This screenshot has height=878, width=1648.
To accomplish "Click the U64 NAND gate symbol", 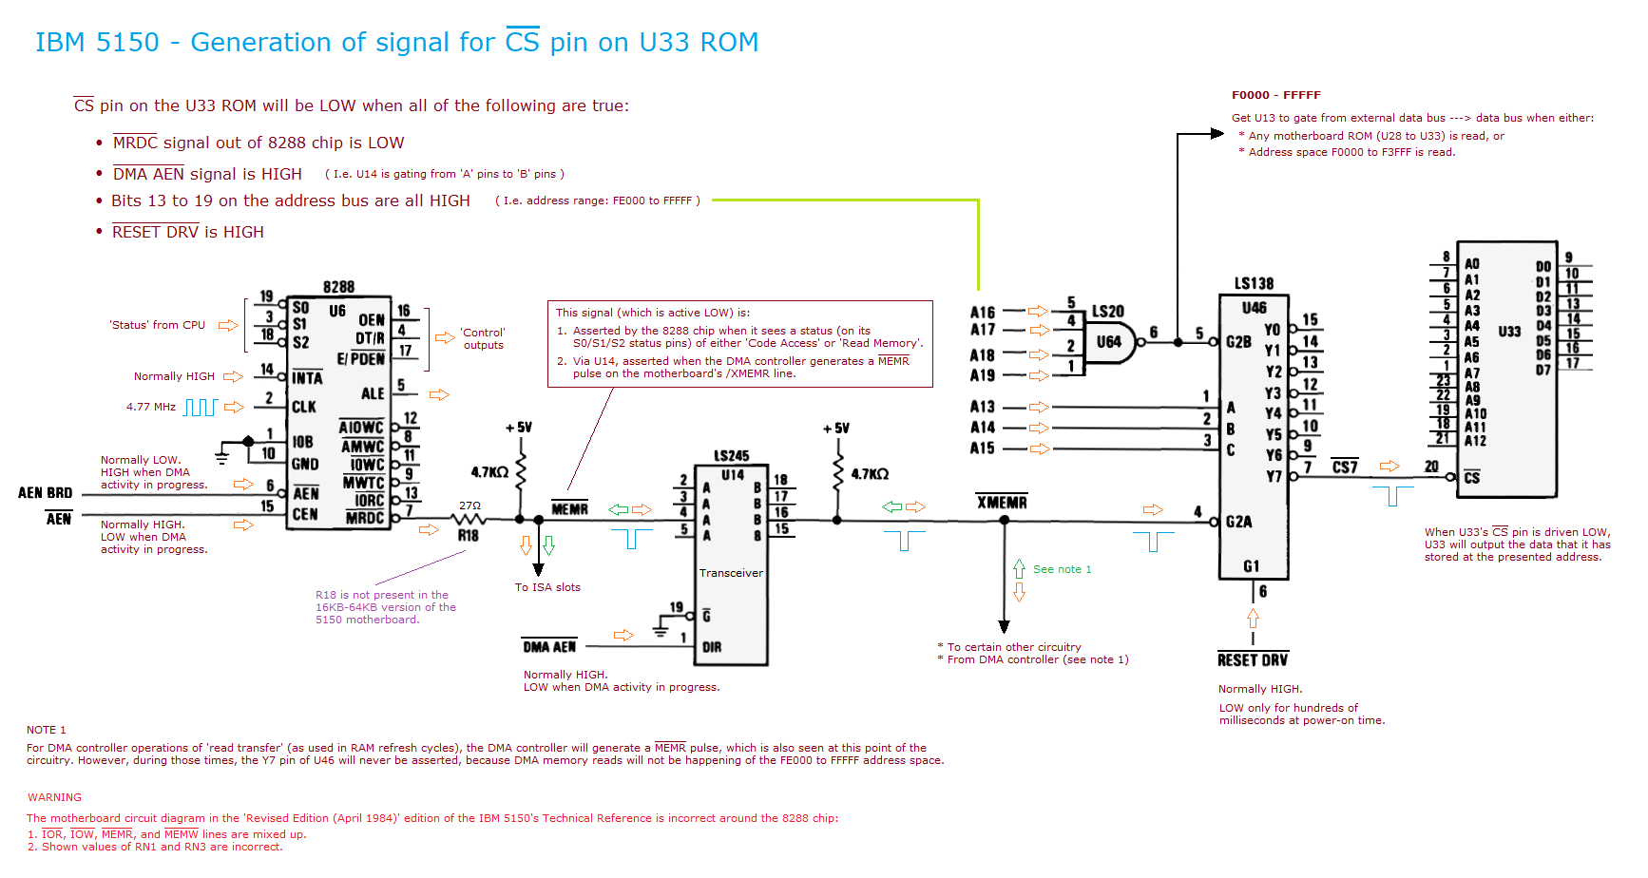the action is pyautogui.click(x=1110, y=342).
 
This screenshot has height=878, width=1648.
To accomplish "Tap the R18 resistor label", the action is pyautogui.click(x=469, y=535).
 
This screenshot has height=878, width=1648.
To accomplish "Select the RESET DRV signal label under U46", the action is pyautogui.click(x=1253, y=659).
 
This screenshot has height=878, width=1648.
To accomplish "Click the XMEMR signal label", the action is pyautogui.click(x=1002, y=502).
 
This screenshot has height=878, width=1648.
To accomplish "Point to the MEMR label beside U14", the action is pyautogui.click(x=570, y=509).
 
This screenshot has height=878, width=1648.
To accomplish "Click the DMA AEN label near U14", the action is pyautogui.click(x=549, y=647).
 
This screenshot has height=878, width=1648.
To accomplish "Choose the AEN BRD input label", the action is pyautogui.click(x=45, y=493).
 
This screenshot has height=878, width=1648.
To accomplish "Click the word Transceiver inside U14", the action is pyautogui.click(x=731, y=573).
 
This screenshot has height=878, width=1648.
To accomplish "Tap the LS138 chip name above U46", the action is pyautogui.click(x=1254, y=283).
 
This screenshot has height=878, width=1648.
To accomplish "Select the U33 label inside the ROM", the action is pyautogui.click(x=1509, y=332).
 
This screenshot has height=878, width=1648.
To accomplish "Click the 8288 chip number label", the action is pyautogui.click(x=338, y=287).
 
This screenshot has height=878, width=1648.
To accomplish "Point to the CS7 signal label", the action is pyautogui.click(x=1345, y=467).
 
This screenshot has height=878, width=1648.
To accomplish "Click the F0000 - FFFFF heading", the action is pyautogui.click(x=1276, y=95).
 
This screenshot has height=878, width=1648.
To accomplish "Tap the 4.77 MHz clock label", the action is pyautogui.click(x=151, y=407).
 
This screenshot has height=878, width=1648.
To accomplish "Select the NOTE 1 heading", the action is pyautogui.click(x=47, y=730).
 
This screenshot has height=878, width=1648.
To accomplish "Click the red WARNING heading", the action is pyautogui.click(x=54, y=797).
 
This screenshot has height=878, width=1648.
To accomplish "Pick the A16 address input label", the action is pyautogui.click(x=983, y=313).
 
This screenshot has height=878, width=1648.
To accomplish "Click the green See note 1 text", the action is pyautogui.click(x=1063, y=569).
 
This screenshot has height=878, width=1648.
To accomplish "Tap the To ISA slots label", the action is pyautogui.click(x=547, y=587).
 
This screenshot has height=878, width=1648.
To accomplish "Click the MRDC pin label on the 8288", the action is pyautogui.click(x=365, y=518).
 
